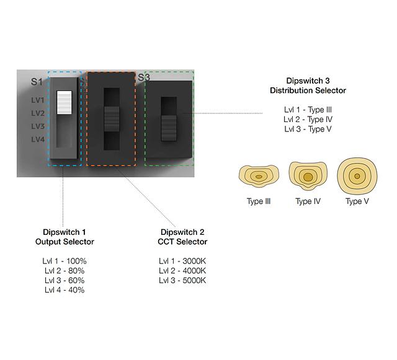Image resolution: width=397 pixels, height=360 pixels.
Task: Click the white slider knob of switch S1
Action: tap(65, 103)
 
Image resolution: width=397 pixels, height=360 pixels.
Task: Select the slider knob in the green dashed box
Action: tap(169, 127)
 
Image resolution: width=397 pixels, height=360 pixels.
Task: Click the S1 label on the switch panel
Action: tap(38, 82)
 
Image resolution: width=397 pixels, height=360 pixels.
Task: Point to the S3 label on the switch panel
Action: tap(143, 77)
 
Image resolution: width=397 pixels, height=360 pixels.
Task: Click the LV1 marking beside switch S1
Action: tap(38, 100)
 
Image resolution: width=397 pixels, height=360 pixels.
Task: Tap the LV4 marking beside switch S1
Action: tap(38, 139)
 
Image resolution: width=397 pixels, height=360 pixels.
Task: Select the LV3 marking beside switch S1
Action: tap(38, 126)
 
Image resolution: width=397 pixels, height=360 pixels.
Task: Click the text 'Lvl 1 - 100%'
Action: tap(65, 261)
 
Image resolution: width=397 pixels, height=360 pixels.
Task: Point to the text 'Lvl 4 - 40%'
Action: tap(65, 290)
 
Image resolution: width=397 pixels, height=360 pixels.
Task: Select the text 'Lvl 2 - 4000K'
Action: tap(182, 271)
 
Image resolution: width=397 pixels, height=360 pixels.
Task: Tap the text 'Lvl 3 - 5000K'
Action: tap(182, 281)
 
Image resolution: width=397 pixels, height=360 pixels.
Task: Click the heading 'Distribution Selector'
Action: tap(308, 90)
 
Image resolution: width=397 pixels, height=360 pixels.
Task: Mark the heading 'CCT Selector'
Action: tap(182, 242)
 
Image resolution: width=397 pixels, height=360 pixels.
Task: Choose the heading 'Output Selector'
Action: tap(65, 242)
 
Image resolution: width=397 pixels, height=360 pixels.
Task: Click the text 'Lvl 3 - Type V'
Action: tap(308, 129)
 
